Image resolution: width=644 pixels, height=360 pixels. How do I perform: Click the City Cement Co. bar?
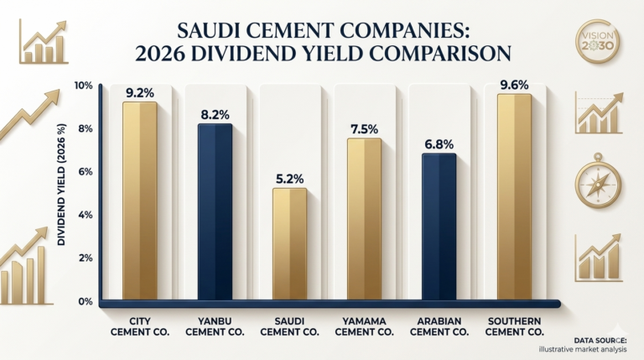pyautogui.click(x=140, y=201)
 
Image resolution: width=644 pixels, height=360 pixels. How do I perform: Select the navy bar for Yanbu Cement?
pyautogui.click(x=215, y=212)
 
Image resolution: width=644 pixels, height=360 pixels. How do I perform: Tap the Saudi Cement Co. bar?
pyautogui.click(x=289, y=244)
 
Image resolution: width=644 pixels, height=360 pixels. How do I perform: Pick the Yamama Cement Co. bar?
pyautogui.click(x=364, y=219)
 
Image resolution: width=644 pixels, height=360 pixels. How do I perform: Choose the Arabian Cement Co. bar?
pyautogui.click(x=439, y=227)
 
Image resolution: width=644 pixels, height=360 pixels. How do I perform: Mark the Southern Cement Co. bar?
pyautogui.click(x=514, y=197)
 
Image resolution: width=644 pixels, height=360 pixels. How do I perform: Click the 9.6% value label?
pyautogui.click(x=514, y=85)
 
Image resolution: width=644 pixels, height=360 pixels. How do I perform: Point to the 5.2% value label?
pyautogui.click(x=289, y=180)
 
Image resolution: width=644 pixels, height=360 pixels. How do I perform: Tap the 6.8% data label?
pyautogui.click(x=439, y=144)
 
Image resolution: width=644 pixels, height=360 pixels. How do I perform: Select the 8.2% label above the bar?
pyautogui.click(x=215, y=115)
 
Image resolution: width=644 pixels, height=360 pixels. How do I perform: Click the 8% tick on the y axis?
pyautogui.click(x=85, y=129)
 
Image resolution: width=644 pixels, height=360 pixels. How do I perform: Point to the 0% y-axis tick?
pyautogui.click(x=85, y=301)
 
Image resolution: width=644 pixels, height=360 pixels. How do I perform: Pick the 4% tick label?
pyautogui.click(x=85, y=216)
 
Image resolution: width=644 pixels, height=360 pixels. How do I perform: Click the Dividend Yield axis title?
pyautogui.click(x=61, y=185)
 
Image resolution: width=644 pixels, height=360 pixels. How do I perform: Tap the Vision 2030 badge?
pyautogui.click(x=598, y=41)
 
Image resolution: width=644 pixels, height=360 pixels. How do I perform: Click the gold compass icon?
pyautogui.click(x=598, y=181)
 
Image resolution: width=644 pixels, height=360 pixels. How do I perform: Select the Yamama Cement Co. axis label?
pyautogui.click(x=364, y=326)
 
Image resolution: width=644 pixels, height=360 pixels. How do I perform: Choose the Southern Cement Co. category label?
pyautogui.click(x=514, y=326)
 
